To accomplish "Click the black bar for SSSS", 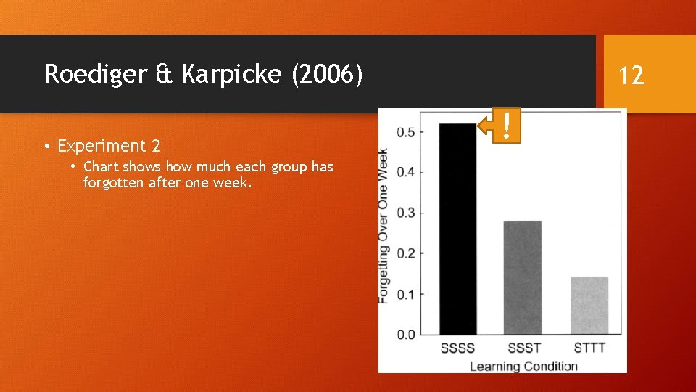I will coord(458,229).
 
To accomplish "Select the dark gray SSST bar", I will coord(522,277).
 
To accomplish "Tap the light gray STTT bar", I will coord(589,305).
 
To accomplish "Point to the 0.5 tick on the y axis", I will coord(405,132).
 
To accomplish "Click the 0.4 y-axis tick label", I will coord(405,173).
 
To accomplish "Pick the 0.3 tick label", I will coord(405,213).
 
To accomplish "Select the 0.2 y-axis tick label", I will coord(405,253).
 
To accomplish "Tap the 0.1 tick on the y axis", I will coord(405,294).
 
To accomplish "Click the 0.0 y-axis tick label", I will coord(405,335).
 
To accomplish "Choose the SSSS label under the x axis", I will coord(457,348).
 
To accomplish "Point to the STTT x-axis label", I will coord(589,348).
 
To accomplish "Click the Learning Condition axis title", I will coord(523,365).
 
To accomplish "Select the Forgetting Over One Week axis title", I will coord(384,226).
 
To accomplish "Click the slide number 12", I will coord(631,75).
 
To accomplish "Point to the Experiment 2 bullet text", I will coord(109,146).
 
